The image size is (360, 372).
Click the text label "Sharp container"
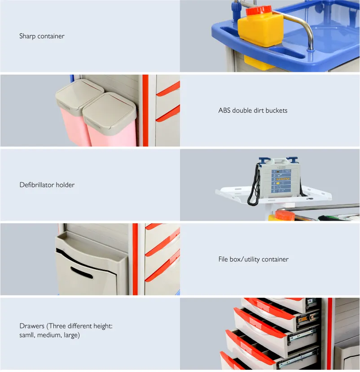(42, 36)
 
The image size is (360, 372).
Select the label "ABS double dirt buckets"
(253, 111)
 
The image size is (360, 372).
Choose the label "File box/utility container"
(253, 259)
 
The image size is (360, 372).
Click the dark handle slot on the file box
(81, 272)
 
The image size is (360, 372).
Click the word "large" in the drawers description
(71, 335)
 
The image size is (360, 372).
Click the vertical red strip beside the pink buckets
(145, 111)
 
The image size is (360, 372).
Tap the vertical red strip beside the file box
(135, 259)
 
